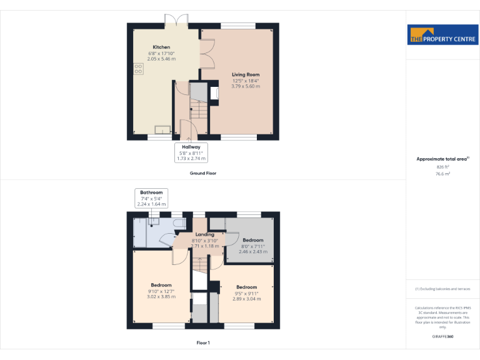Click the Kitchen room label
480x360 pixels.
pyautogui.click(x=161, y=47)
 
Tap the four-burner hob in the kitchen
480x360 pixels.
pyautogui.click(x=138, y=68)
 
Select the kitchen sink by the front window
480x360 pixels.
pyautogui.click(x=162, y=130)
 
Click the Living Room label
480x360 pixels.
pyautogui.click(x=245, y=74)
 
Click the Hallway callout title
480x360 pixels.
pyautogui.click(x=191, y=147)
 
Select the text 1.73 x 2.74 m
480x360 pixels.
pyautogui.click(x=191, y=159)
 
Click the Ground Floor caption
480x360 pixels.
pyautogui.click(x=203, y=173)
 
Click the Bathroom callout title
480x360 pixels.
pyautogui.click(x=151, y=192)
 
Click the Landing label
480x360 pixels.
pyautogui.click(x=204, y=234)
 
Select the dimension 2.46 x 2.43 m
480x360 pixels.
pyautogui.click(x=253, y=252)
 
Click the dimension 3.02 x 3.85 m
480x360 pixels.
pyautogui.click(x=161, y=297)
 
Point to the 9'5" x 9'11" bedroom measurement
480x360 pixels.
pyautogui.click(x=246, y=293)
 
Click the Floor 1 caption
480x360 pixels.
pyautogui.click(x=203, y=343)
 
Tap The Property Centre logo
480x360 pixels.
pyautogui.click(x=442, y=35)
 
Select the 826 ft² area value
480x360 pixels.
pyautogui.click(x=442, y=167)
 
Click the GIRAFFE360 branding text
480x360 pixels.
pyautogui.click(x=442, y=337)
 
